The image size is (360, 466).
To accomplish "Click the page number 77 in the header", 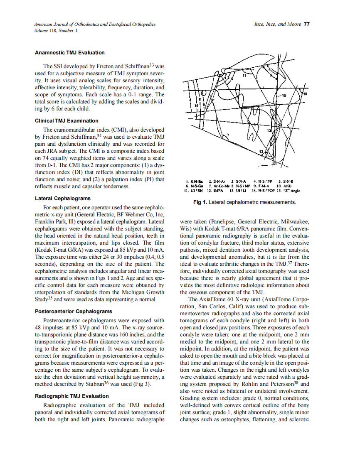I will (x=307, y=24).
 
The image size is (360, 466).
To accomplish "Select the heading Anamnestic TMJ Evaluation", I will (x=69, y=53).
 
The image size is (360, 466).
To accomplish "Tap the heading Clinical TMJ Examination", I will (x=67, y=121).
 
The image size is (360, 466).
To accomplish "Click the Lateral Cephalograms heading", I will (x=63, y=199).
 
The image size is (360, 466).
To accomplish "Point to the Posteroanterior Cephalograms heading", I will (x=74, y=311).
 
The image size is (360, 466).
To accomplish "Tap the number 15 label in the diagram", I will (x=305, y=94).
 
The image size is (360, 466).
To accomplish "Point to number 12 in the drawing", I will (x=261, y=152).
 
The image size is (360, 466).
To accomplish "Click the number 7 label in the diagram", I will (x=227, y=135).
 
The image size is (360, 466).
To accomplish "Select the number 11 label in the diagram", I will (x=244, y=76).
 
